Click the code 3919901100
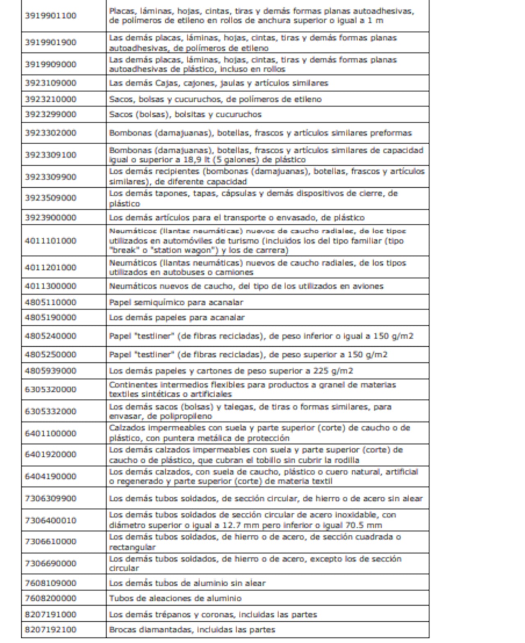[x=50, y=16]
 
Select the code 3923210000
[x=50, y=99]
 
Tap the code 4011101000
[x=50, y=241]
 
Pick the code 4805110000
[x=50, y=302]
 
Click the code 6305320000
[x=50, y=389]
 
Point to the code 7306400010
[x=50, y=520]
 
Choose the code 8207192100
[x=50, y=629]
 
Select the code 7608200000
[x=50, y=598]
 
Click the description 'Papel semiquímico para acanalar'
[x=176, y=302]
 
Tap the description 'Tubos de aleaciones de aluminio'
[x=175, y=598]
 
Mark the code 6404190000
[x=50, y=476]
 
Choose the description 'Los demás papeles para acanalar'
[x=177, y=318]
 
